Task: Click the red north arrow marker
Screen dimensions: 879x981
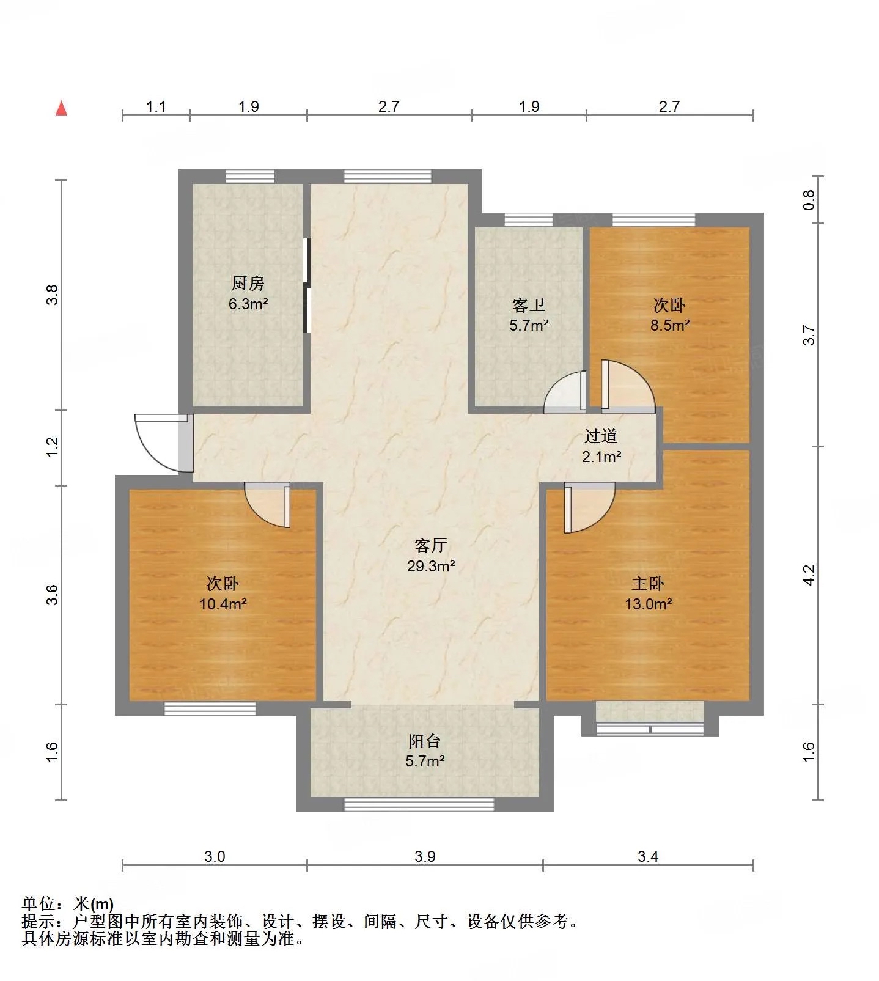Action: pos(61,108)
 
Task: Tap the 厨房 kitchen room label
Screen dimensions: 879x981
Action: pos(248,283)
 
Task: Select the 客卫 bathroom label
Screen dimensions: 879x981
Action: pos(529,304)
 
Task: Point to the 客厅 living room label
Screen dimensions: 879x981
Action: pos(431,545)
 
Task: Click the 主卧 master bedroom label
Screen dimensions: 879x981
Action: pos(648,583)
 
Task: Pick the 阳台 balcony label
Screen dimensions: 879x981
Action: pos(425,741)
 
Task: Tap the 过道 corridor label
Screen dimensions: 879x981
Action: pos(601,436)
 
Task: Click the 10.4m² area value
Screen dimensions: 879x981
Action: pos(223,604)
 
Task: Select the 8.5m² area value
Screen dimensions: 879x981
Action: pos(670,325)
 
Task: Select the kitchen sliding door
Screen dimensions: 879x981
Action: pos(307,285)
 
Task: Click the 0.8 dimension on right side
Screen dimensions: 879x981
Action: pos(809,200)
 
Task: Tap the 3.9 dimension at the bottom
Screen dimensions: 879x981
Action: pos(425,856)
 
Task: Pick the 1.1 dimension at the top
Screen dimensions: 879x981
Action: pos(156,106)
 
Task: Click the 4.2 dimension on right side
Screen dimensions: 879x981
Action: pos(809,575)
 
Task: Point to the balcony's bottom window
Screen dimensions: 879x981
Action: pos(419,804)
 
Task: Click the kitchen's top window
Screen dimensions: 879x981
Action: pos(250,176)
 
